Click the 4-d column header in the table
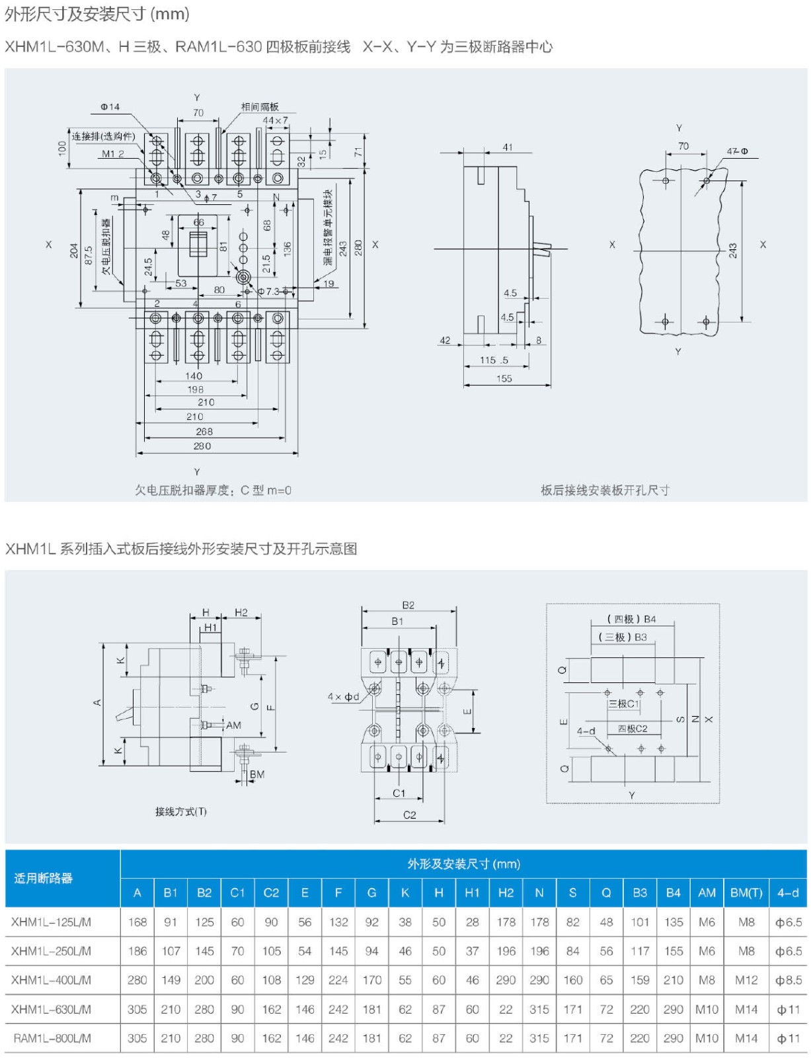[x=787, y=893]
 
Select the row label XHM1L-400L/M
[x=51, y=980]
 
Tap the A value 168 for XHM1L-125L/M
[x=137, y=922]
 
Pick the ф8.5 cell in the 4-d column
[x=788, y=980]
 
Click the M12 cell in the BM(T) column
[x=746, y=980]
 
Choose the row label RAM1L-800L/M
[x=52, y=1038]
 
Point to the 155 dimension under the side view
[x=504, y=379]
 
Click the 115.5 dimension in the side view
[x=494, y=360]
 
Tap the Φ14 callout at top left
[x=110, y=106]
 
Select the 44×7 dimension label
[x=275, y=120]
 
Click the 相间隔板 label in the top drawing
[x=259, y=106]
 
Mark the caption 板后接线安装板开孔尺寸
[x=605, y=490]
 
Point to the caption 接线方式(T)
[x=180, y=811]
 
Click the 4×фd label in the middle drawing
[x=343, y=696]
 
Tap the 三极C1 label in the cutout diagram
[x=623, y=704]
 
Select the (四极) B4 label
[x=631, y=619]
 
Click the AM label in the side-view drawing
[x=233, y=725]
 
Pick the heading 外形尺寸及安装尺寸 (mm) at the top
[x=97, y=14]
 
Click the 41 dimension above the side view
[x=507, y=147]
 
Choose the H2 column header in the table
[x=506, y=893]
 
